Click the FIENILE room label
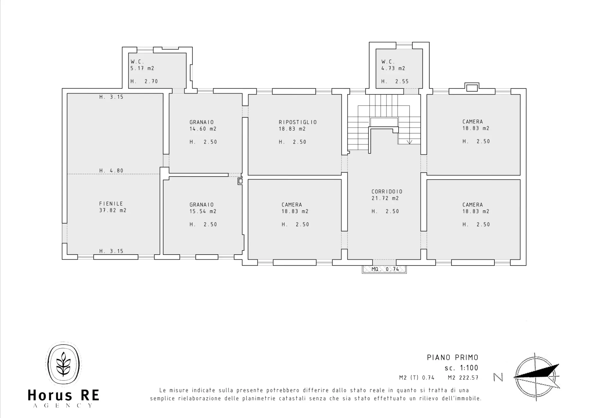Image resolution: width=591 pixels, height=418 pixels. [111, 204]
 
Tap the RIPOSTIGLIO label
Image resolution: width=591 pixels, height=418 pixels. [298, 122]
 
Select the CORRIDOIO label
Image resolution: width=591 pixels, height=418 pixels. [387, 192]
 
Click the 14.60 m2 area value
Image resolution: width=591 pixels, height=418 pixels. [203, 129]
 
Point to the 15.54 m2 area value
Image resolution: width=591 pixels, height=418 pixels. [203, 211]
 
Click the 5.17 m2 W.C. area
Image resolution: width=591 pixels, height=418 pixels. [142, 69]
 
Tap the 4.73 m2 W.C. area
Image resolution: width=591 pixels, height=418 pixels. [393, 69]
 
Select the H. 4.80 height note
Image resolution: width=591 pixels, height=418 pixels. [111, 171]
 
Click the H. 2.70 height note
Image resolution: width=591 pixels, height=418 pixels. [144, 82]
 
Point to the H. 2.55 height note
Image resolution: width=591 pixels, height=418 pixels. [395, 82]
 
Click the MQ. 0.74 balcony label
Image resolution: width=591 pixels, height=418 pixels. [385, 269]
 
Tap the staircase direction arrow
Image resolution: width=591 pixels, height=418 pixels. [409, 142]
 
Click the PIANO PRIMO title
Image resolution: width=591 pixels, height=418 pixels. [453, 358]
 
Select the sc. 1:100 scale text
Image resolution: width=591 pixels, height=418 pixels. [461, 368]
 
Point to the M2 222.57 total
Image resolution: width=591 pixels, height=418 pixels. [463, 378]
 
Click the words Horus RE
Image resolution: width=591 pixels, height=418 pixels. [64, 396]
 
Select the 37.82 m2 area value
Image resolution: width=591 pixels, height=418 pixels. [113, 210]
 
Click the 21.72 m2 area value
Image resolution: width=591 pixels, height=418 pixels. [385, 198]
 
